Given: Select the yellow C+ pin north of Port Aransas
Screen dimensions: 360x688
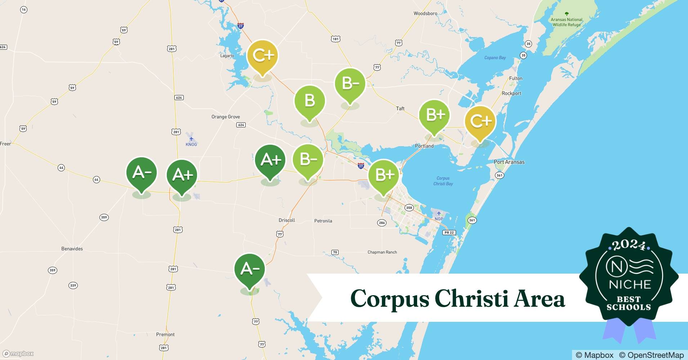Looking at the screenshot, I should point(480,121).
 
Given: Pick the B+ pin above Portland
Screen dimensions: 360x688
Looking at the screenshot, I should point(434,115).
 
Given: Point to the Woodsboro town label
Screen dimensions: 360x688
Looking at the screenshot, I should point(425,13).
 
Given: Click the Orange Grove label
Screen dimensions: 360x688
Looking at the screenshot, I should point(225,117).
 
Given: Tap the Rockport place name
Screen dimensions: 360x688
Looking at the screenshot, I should point(511,93).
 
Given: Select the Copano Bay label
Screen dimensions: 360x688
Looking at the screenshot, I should point(495,58).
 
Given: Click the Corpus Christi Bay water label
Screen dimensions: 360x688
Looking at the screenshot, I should point(443,181).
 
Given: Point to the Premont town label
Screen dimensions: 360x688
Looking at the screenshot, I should point(165,334).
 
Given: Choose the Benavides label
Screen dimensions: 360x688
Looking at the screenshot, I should point(72,249).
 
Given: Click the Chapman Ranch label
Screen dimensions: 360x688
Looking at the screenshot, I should point(382,252).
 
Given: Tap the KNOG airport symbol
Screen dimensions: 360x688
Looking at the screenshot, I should point(191,139).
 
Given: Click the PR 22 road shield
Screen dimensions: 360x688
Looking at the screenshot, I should point(449,233).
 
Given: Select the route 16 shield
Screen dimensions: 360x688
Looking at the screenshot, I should point(24,10).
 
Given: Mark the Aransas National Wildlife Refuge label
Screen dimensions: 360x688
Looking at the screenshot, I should point(567,22).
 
